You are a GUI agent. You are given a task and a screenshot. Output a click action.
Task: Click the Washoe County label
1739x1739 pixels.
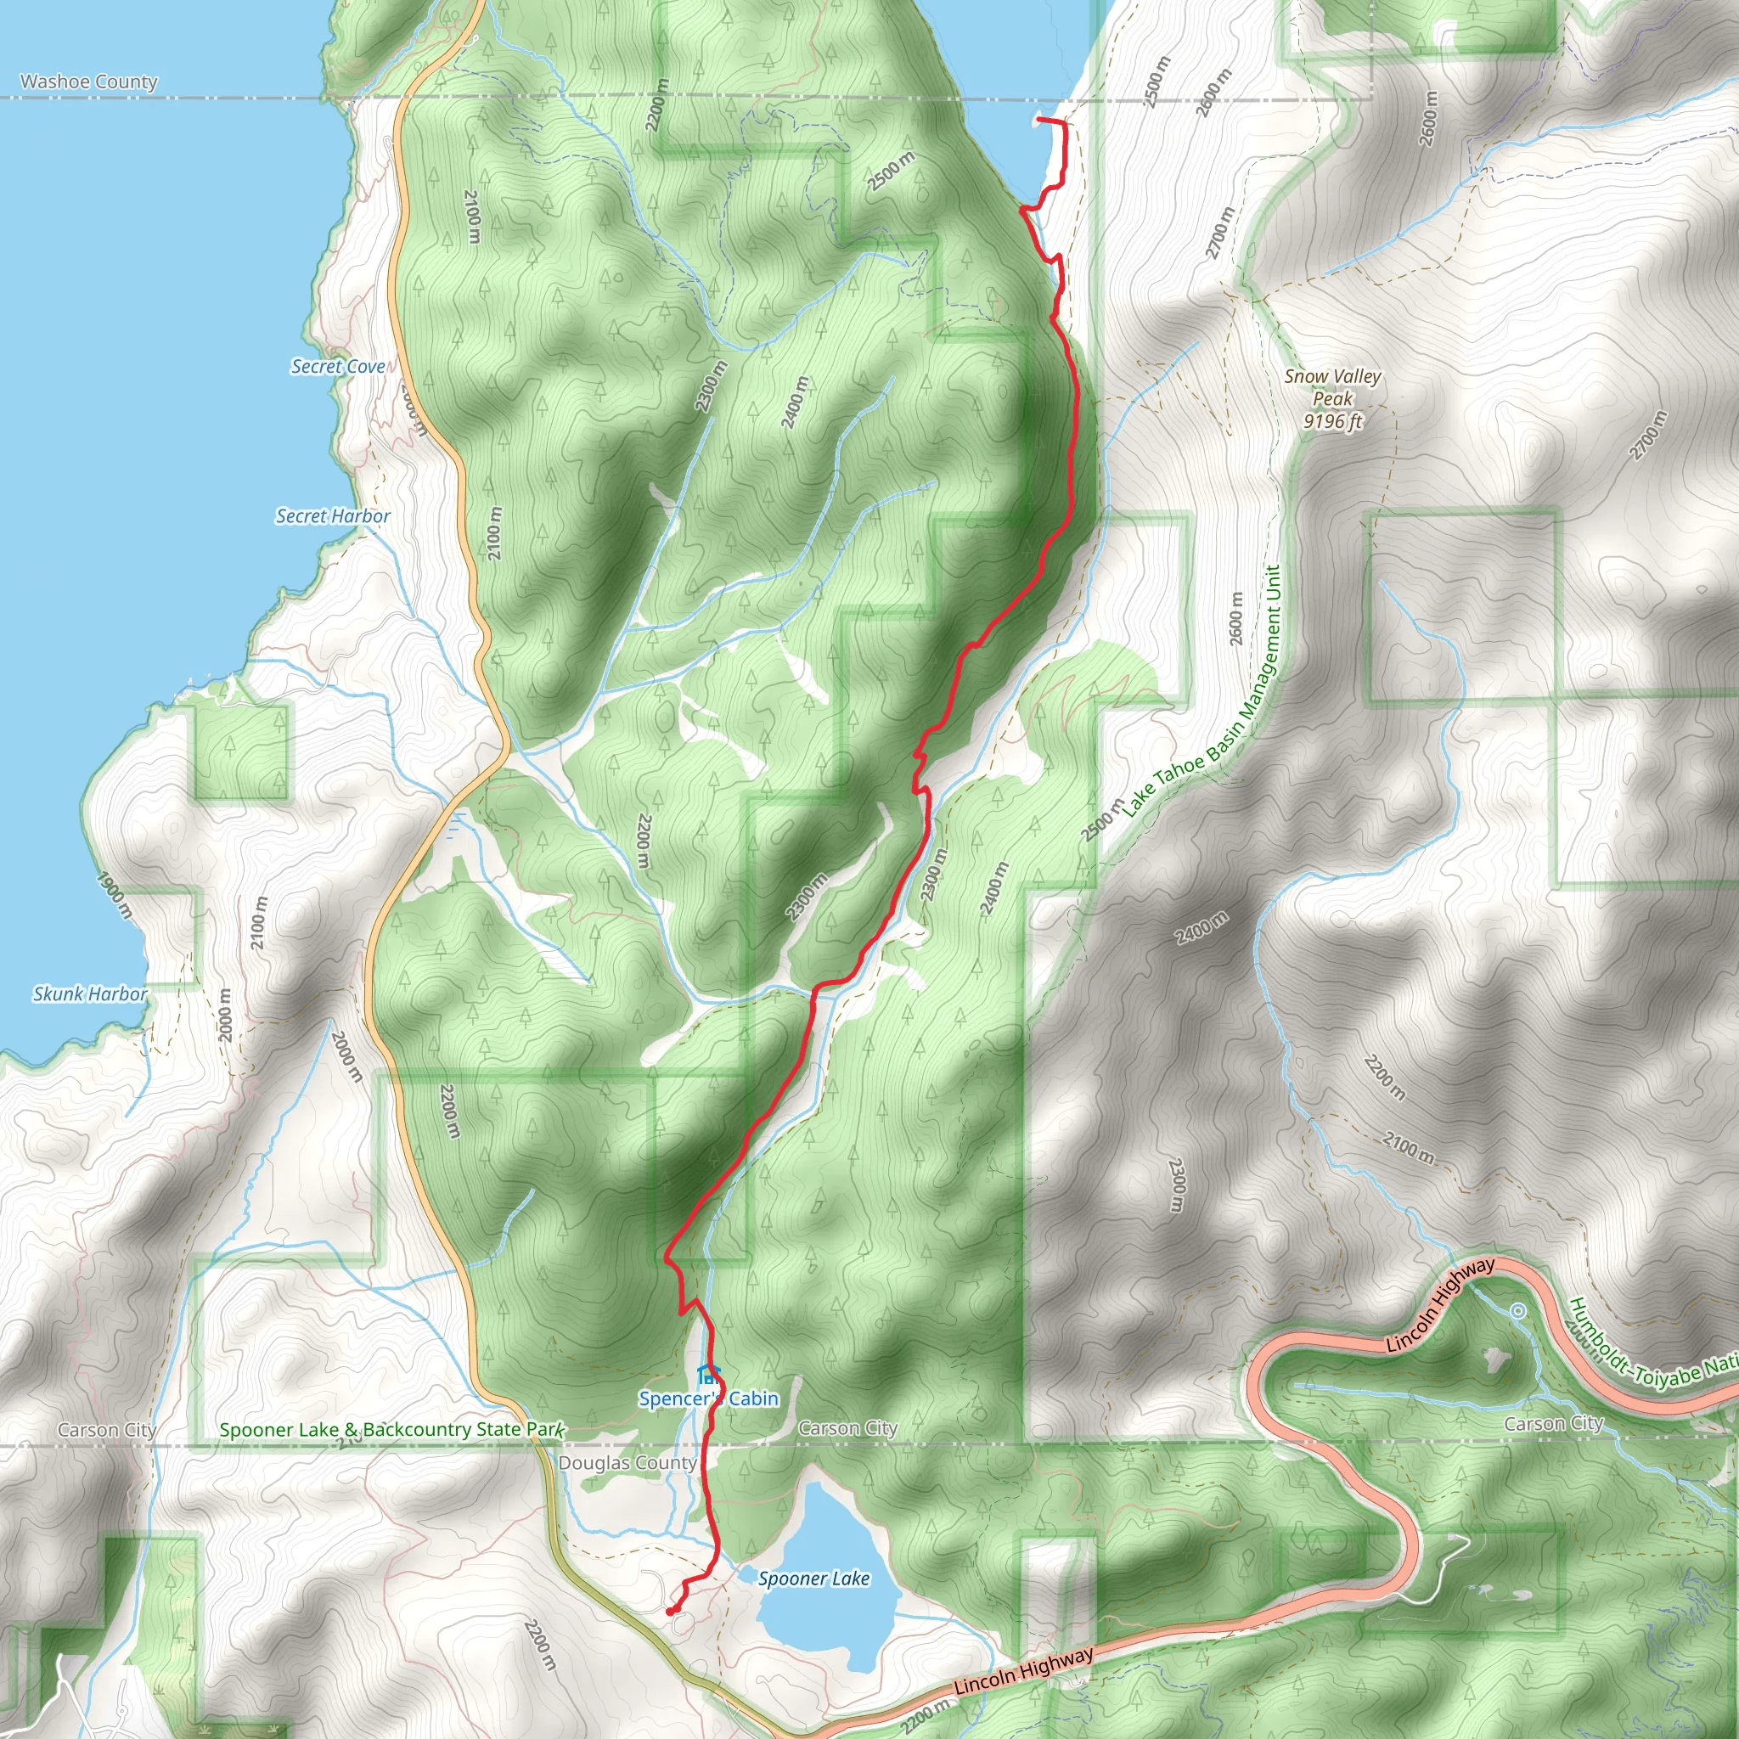(x=88, y=82)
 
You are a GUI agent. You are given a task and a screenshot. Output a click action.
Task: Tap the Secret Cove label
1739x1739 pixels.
(x=338, y=366)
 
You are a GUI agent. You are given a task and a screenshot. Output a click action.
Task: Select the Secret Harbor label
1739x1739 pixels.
(x=332, y=515)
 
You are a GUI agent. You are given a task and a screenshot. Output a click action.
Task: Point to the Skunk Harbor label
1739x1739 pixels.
(x=89, y=993)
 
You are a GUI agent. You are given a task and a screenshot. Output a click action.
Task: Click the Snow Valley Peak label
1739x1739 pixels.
(x=1332, y=387)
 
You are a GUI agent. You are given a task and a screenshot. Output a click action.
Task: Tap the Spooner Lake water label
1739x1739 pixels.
(x=813, y=1578)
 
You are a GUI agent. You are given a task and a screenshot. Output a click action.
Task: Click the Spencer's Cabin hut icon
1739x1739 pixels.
(x=708, y=1374)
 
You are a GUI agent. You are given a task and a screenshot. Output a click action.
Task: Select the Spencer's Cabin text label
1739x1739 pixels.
(x=708, y=1398)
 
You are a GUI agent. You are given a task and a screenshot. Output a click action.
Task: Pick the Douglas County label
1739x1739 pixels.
(x=627, y=1463)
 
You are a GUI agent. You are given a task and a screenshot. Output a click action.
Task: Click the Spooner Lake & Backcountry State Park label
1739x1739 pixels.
(x=391, y=1429)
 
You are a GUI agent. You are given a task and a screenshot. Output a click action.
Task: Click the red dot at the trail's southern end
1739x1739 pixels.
(x=672, y=1610)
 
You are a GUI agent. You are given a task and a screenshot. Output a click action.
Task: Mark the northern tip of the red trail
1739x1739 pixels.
(x=1039, y=119)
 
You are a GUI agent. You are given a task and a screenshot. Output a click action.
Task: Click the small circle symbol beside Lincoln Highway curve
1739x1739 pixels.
(x=1517, y=1310)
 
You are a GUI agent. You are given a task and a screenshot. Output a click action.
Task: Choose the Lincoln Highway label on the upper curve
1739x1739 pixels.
(x=1440, y=1304)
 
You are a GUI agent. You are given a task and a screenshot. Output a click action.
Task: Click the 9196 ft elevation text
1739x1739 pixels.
(x=1332, y=421)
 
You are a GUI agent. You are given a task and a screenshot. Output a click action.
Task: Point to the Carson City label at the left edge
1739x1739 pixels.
(x=106, y=1430)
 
